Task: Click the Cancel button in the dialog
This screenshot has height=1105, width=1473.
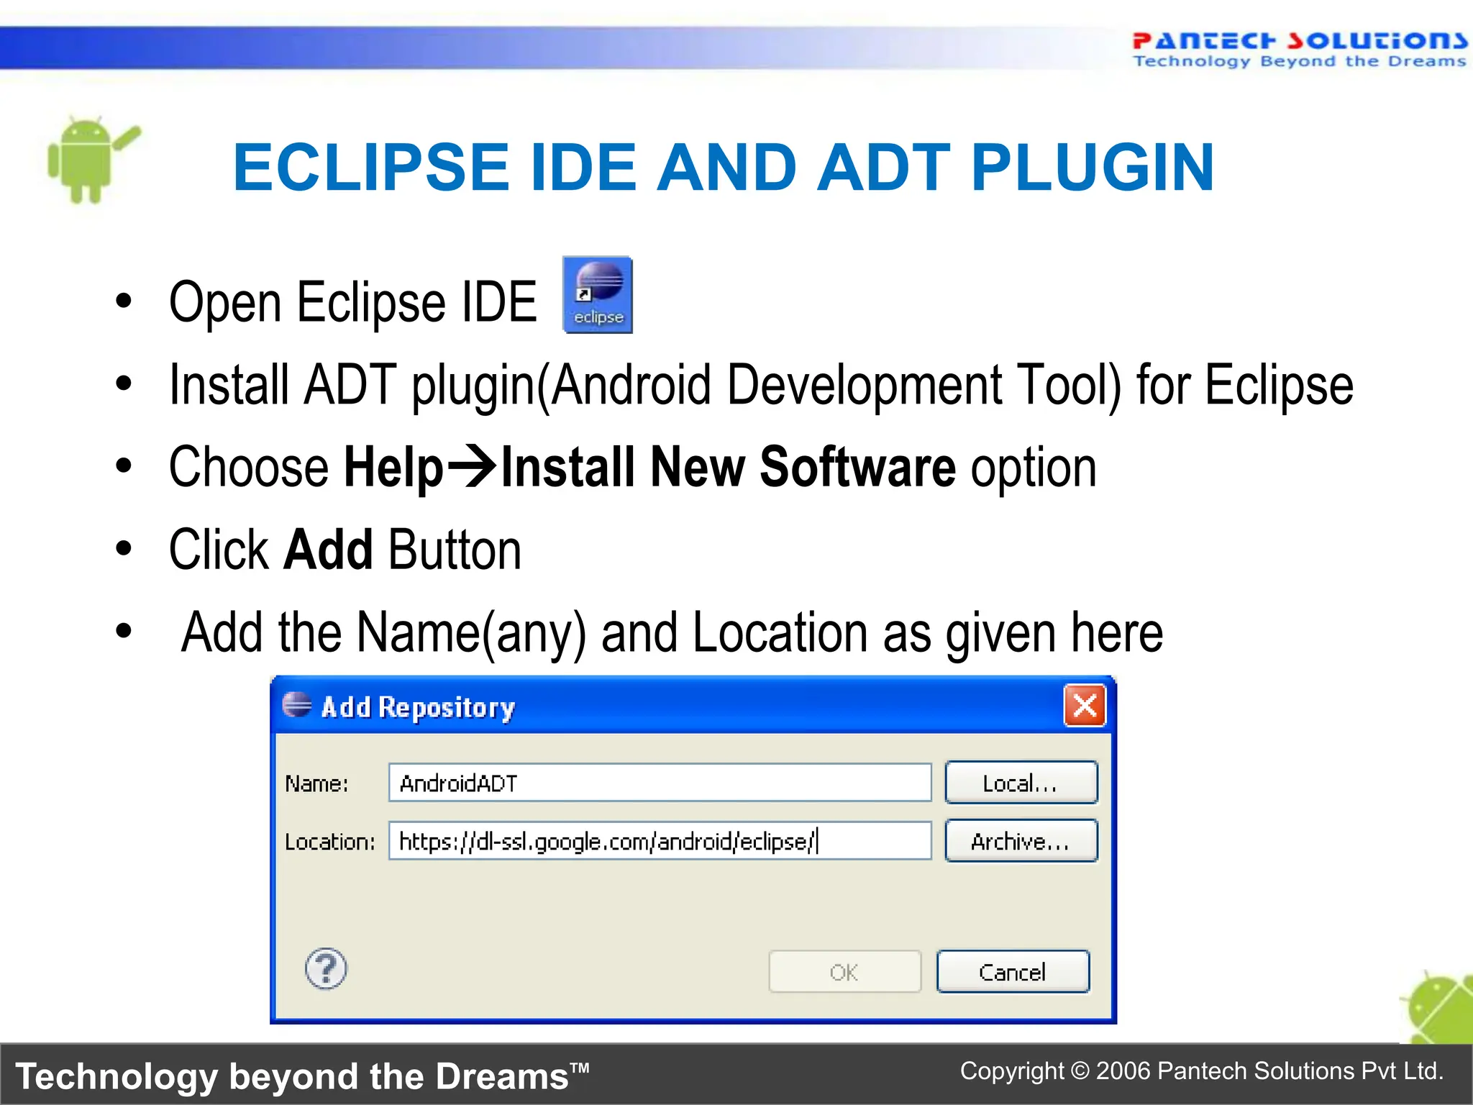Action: (x=1013, y=972)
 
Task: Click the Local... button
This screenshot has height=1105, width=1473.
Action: (x=1021, y=783)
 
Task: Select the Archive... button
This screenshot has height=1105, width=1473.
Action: (x=1021, y=841)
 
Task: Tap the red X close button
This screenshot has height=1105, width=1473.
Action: (x=1085, y=706)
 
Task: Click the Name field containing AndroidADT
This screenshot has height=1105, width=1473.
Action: (x=660, y=783)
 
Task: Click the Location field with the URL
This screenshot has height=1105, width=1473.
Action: (x=660, y=841)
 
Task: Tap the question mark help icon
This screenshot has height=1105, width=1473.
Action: (x=326, y=968)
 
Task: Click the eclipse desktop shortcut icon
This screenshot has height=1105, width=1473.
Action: (x=598, y=295)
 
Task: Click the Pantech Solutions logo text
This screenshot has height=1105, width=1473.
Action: (x=1299, y=41)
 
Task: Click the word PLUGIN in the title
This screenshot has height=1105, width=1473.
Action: (x=1093, y=168)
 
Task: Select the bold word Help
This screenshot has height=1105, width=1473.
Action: (x=393, y=468)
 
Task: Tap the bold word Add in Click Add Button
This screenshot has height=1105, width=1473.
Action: (x=329, y=550)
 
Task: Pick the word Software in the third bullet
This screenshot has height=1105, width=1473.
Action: (x=857, y=468)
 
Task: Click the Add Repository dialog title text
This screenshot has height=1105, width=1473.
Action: (x=418, y=707)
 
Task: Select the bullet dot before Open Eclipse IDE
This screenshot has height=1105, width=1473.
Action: (x=124, y=301)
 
